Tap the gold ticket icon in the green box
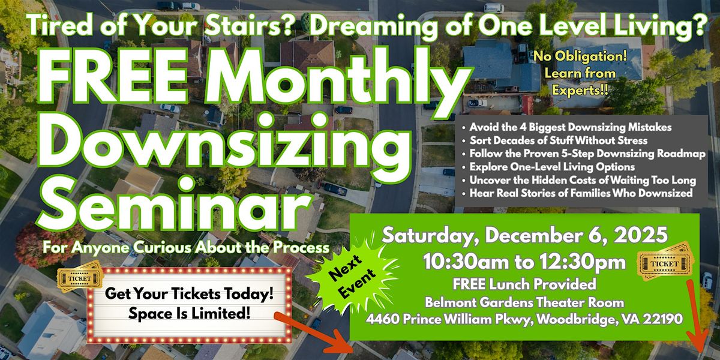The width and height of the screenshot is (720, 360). tap(666, 264)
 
